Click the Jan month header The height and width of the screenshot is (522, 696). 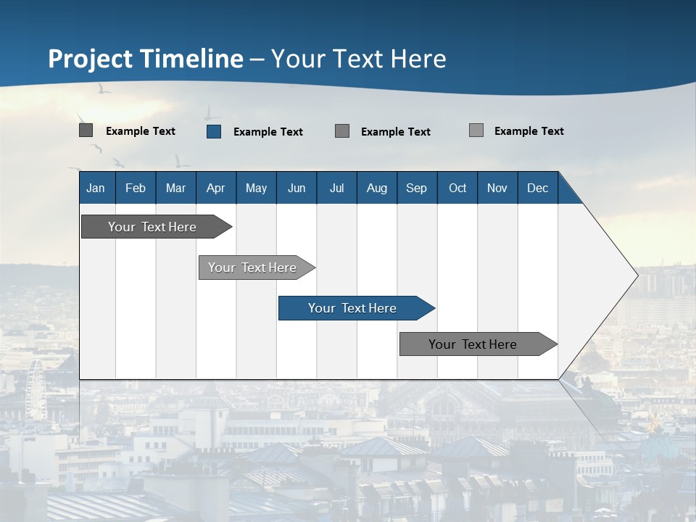click(x=96, y=188)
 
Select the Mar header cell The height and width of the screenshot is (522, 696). click(x=175, y=188)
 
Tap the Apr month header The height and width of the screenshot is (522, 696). click(x=215, y=188)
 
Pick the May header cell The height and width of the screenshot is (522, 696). click(x=256, y=188)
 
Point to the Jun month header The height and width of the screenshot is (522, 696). click(x=297, y=188)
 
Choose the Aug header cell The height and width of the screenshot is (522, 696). click(x=376, y=188)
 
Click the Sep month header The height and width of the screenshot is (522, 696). click(x=416, y=188)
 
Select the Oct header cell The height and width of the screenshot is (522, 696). click(x=457, y=188)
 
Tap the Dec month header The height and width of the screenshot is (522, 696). click(x=537, y=188)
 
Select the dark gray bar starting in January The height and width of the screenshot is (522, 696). click(x=152, y=227)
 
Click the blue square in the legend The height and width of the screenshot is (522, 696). click(x=214, y=131)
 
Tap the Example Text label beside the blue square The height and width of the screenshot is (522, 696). click(x=268, y=132)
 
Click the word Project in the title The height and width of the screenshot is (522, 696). click(x=91, y=59)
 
